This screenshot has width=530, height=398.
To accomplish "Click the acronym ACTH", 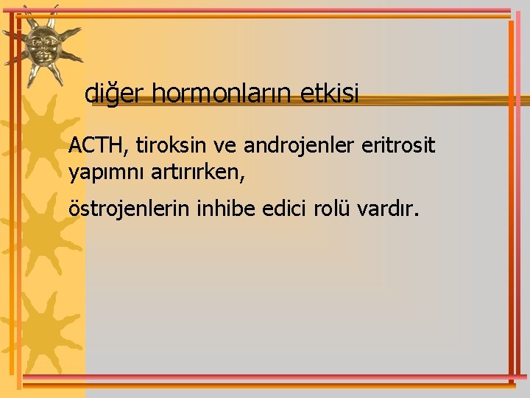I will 96,145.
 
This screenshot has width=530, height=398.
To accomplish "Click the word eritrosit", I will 398,145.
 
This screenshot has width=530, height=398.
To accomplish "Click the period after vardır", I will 417,215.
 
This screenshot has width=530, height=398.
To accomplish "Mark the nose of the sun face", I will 45,47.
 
